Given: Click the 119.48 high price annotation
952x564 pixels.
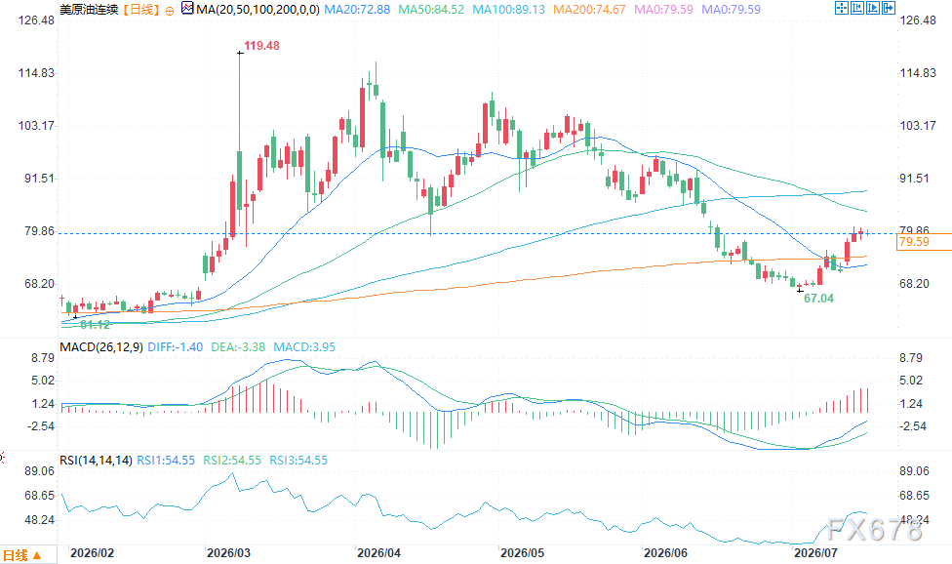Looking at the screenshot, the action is [261, 46].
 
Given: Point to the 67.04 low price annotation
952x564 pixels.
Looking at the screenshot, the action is [818, 298].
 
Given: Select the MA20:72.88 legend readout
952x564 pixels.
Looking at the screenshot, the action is [357, 10].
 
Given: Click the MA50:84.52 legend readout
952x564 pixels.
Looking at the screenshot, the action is [431, 10].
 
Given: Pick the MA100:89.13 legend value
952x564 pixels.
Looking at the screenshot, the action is [509, 10].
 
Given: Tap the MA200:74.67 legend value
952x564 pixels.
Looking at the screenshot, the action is [589, 10].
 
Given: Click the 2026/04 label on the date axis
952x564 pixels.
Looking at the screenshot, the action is [378, 553].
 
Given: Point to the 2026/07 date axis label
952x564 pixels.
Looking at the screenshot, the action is [816, 553].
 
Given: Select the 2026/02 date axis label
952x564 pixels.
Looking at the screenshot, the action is [93, 553].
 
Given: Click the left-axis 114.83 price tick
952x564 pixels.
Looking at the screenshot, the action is [36, 73].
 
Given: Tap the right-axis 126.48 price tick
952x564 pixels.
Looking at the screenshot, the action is [918, 20].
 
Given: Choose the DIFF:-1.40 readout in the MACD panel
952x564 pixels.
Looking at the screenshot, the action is [176, 347].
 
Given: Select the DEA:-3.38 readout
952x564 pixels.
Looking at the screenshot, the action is [238, 347].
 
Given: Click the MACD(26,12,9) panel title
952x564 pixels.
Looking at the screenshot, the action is [101, 347].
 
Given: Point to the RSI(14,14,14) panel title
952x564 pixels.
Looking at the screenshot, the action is [96, 461].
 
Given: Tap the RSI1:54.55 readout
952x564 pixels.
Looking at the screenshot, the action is [166, 461].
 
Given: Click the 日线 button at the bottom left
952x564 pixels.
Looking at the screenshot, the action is [21, 555].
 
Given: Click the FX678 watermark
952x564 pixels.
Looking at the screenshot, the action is [874, 530].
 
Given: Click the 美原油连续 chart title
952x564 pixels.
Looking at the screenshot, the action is [89, 10].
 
